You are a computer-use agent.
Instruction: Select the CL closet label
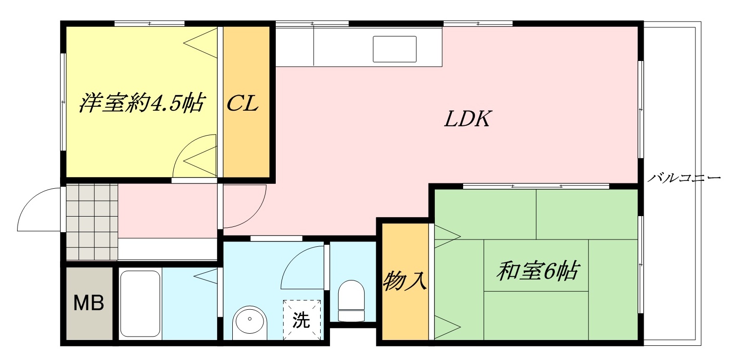[243, 104]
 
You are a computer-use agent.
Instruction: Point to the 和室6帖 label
[537, 271]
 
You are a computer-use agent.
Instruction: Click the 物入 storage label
[405, 281]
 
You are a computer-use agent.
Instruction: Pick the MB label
[88, 303]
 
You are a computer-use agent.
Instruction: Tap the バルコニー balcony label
[684, 178]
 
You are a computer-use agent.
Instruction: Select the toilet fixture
[351, 300]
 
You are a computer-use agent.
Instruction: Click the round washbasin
[250, 321]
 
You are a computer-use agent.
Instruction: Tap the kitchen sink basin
[395, 49]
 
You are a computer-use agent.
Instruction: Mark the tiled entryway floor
[92, 222]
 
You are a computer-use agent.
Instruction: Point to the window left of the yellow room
[63, 102]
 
